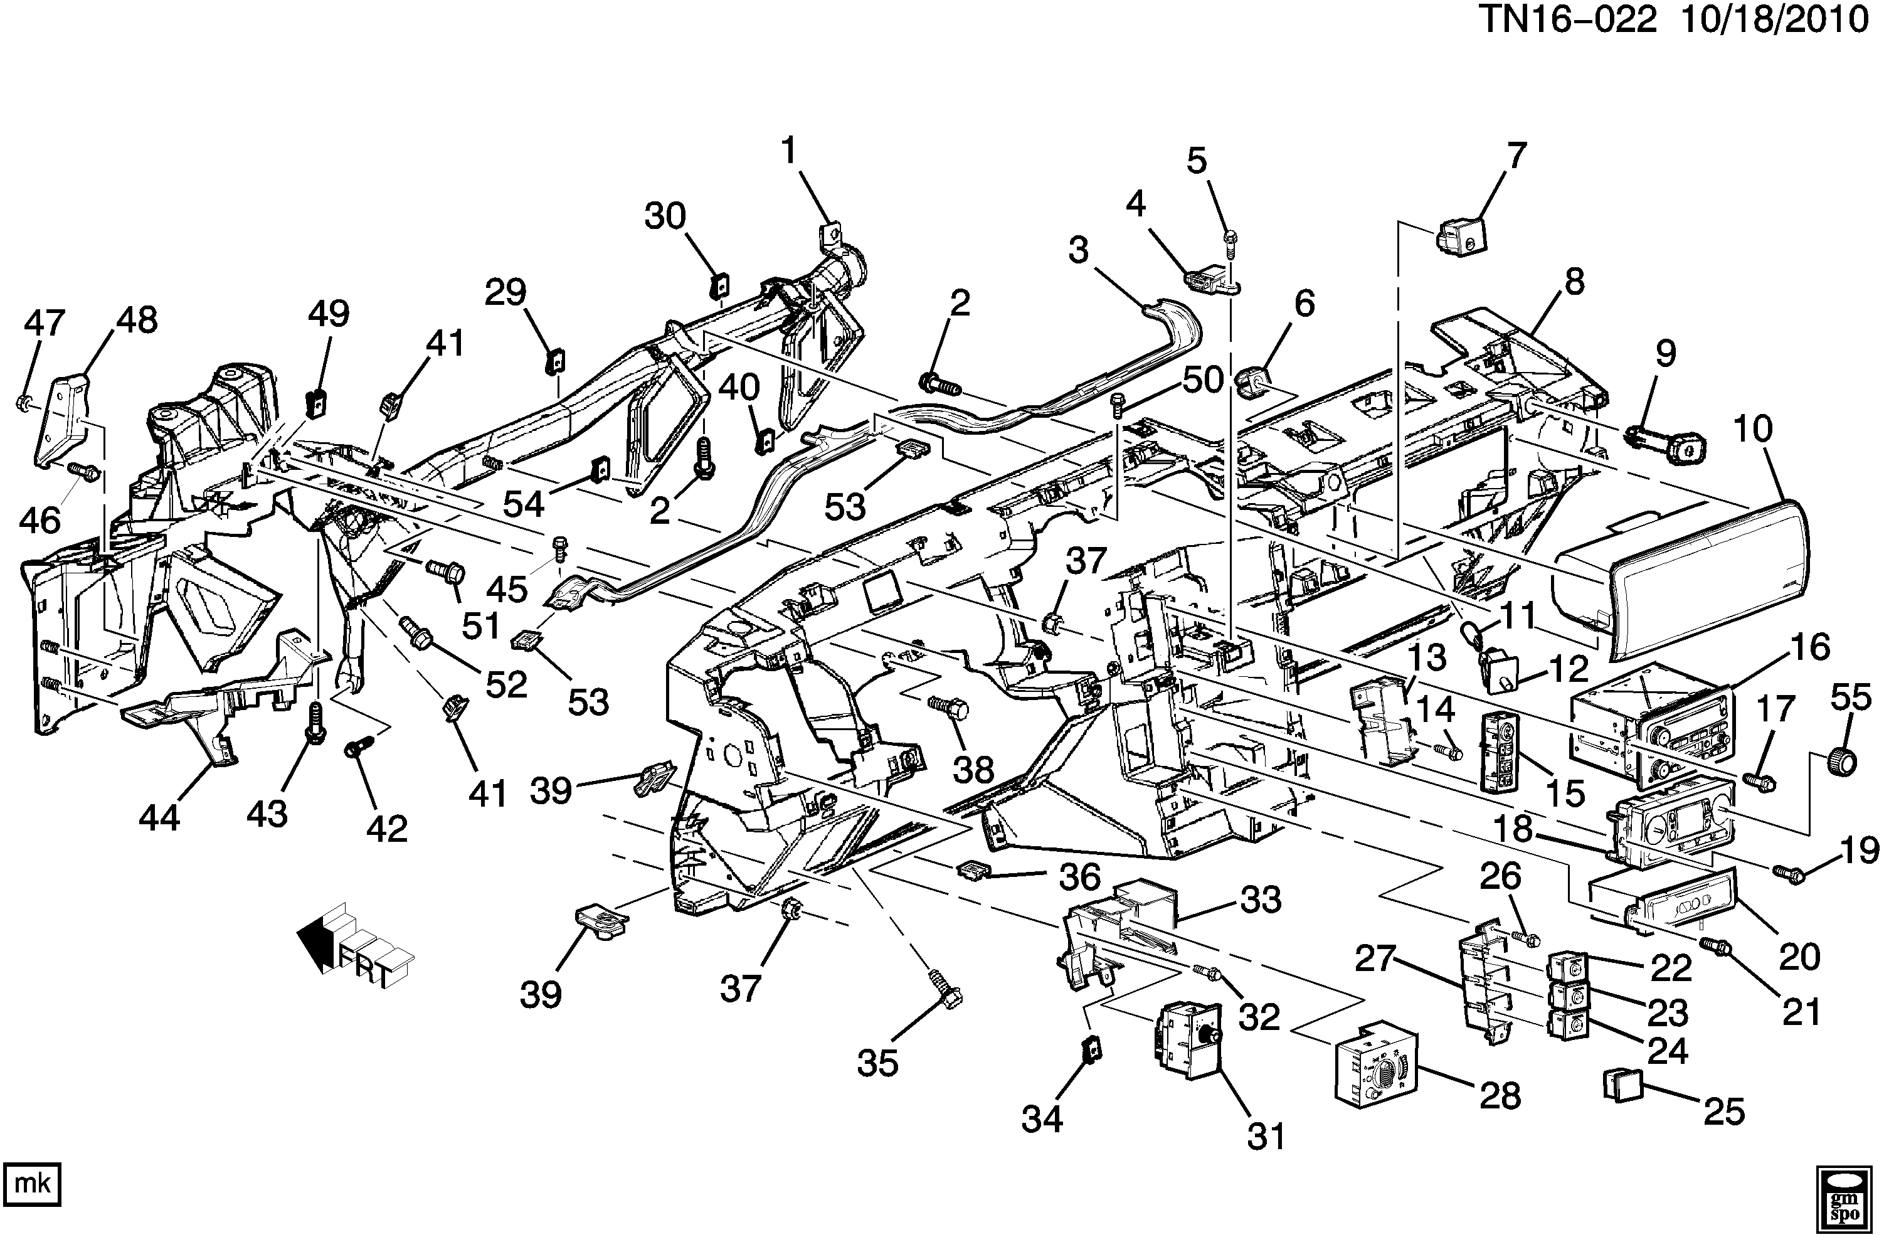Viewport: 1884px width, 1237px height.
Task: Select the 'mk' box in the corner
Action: [x=33, y=1184]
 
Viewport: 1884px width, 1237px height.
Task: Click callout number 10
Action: [x=1752, y=429]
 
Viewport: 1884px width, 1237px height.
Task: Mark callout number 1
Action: [x=788, y=151]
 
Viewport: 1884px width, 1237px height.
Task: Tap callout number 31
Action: [x=1266, y=1137]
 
